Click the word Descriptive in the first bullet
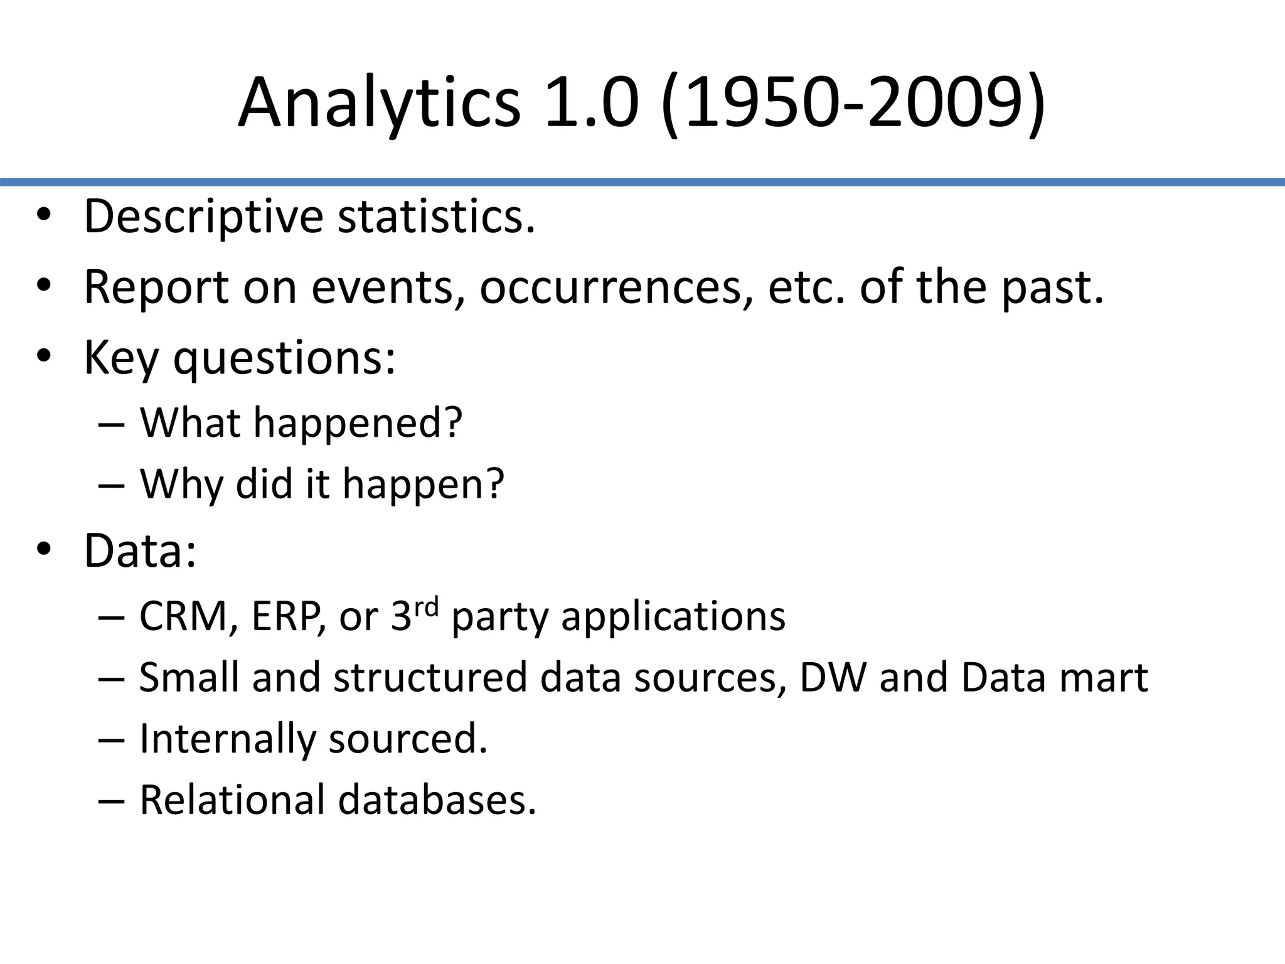click(x=203, y=217)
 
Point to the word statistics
click(x=436, y=217)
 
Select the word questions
click(x=284, y=358)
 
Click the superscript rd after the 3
click(x=427, y=608)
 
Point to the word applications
click(x=673, y=617)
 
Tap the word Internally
click(x=227, y=739)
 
